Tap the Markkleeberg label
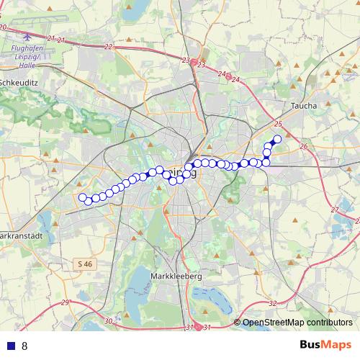click(176, 276)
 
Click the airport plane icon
click(27, 35)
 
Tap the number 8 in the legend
click(24, 346)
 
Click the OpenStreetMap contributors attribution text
click(297, 323)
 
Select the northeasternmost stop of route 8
click(277, 139)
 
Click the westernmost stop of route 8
click(83, 197)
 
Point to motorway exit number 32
click(272, 304)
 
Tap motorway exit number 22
click(109, 47)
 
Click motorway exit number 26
click(303, 147)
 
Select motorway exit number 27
click(334, 210)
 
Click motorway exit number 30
click(108, 320)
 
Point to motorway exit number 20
click(4, 27)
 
